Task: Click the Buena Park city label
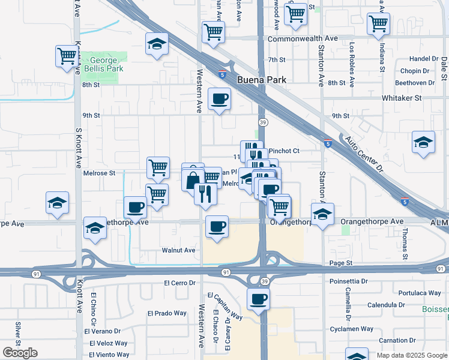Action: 262,80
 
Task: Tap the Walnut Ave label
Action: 178,250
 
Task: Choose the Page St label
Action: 340,263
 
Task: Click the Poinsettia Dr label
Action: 348,281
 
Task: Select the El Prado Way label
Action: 167,313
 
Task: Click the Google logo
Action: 20,353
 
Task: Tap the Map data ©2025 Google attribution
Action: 412,355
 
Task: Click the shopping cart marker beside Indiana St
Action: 379,24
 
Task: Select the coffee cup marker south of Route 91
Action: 258,298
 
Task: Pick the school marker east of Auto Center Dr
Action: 424,142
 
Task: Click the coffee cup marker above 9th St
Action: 219,98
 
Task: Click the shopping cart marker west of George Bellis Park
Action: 67,56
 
